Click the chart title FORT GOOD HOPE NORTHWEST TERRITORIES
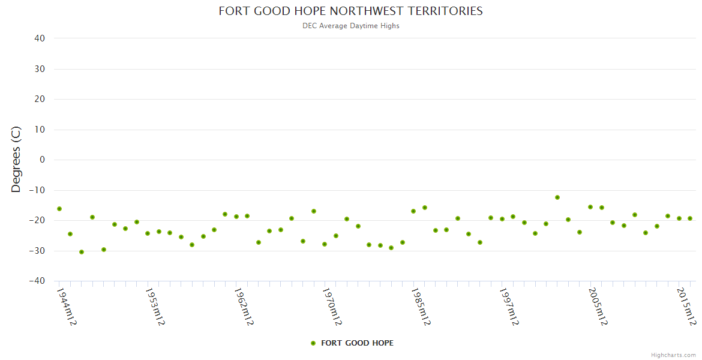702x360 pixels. pos(350,11)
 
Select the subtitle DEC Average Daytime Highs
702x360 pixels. pos(350,26)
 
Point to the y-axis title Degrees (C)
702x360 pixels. pos(16,160)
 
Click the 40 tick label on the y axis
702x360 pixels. pos(40,38)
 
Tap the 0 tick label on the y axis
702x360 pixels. pos(42,160)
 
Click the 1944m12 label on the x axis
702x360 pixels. pos(66,306)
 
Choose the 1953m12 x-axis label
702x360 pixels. pos(155,306)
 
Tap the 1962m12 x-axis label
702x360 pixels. pos(244,306)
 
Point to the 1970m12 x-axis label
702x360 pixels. pos(332,306)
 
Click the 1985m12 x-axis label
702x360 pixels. pos(421,306)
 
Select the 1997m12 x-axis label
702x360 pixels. pos(509,306)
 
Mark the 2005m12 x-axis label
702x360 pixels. pos(598,306)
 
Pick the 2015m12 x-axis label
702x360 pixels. pos(686,306)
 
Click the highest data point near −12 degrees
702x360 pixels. pos(557,197)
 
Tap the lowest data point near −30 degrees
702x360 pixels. pos(82,252)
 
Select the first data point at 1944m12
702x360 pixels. pos(59,209)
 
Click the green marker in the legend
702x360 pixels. pos(313,343)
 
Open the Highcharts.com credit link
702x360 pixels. pos(673,355)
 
